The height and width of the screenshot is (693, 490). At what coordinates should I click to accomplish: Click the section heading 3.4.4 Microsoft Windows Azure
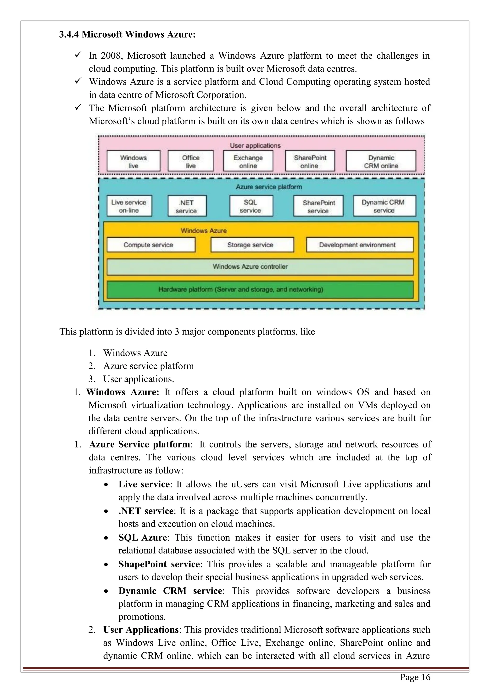coord(127,34)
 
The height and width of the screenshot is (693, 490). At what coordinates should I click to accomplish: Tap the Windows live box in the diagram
coord(133,162)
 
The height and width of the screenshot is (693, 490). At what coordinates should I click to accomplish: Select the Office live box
coord(191,162)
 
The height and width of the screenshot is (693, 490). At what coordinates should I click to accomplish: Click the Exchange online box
coord(248,162)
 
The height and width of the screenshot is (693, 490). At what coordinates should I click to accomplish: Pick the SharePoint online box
coord(310,162)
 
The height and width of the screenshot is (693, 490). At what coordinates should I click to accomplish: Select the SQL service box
coord(251,206)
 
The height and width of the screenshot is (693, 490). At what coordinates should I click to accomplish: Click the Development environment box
coord(359,245)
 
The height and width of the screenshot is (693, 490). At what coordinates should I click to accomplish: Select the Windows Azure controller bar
coord(260,267)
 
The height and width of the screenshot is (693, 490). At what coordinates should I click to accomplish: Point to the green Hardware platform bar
coord(260,290)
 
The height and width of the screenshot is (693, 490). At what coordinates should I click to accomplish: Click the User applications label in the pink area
coord(255,145)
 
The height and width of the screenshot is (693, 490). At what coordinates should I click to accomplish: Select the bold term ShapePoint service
coord(159,564)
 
